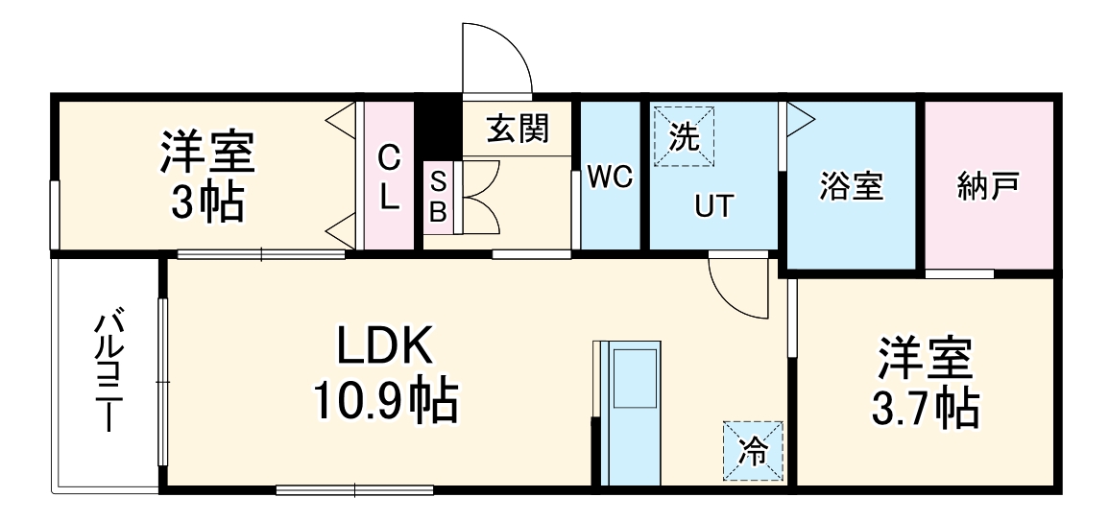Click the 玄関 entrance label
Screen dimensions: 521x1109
point(516,129)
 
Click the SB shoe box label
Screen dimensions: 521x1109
point(438,196)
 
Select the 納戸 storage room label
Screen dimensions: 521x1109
point(988,184)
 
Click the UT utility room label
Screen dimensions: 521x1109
point(714,205)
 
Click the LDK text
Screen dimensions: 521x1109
point(385,345)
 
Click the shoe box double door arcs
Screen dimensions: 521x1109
point(483,196)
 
